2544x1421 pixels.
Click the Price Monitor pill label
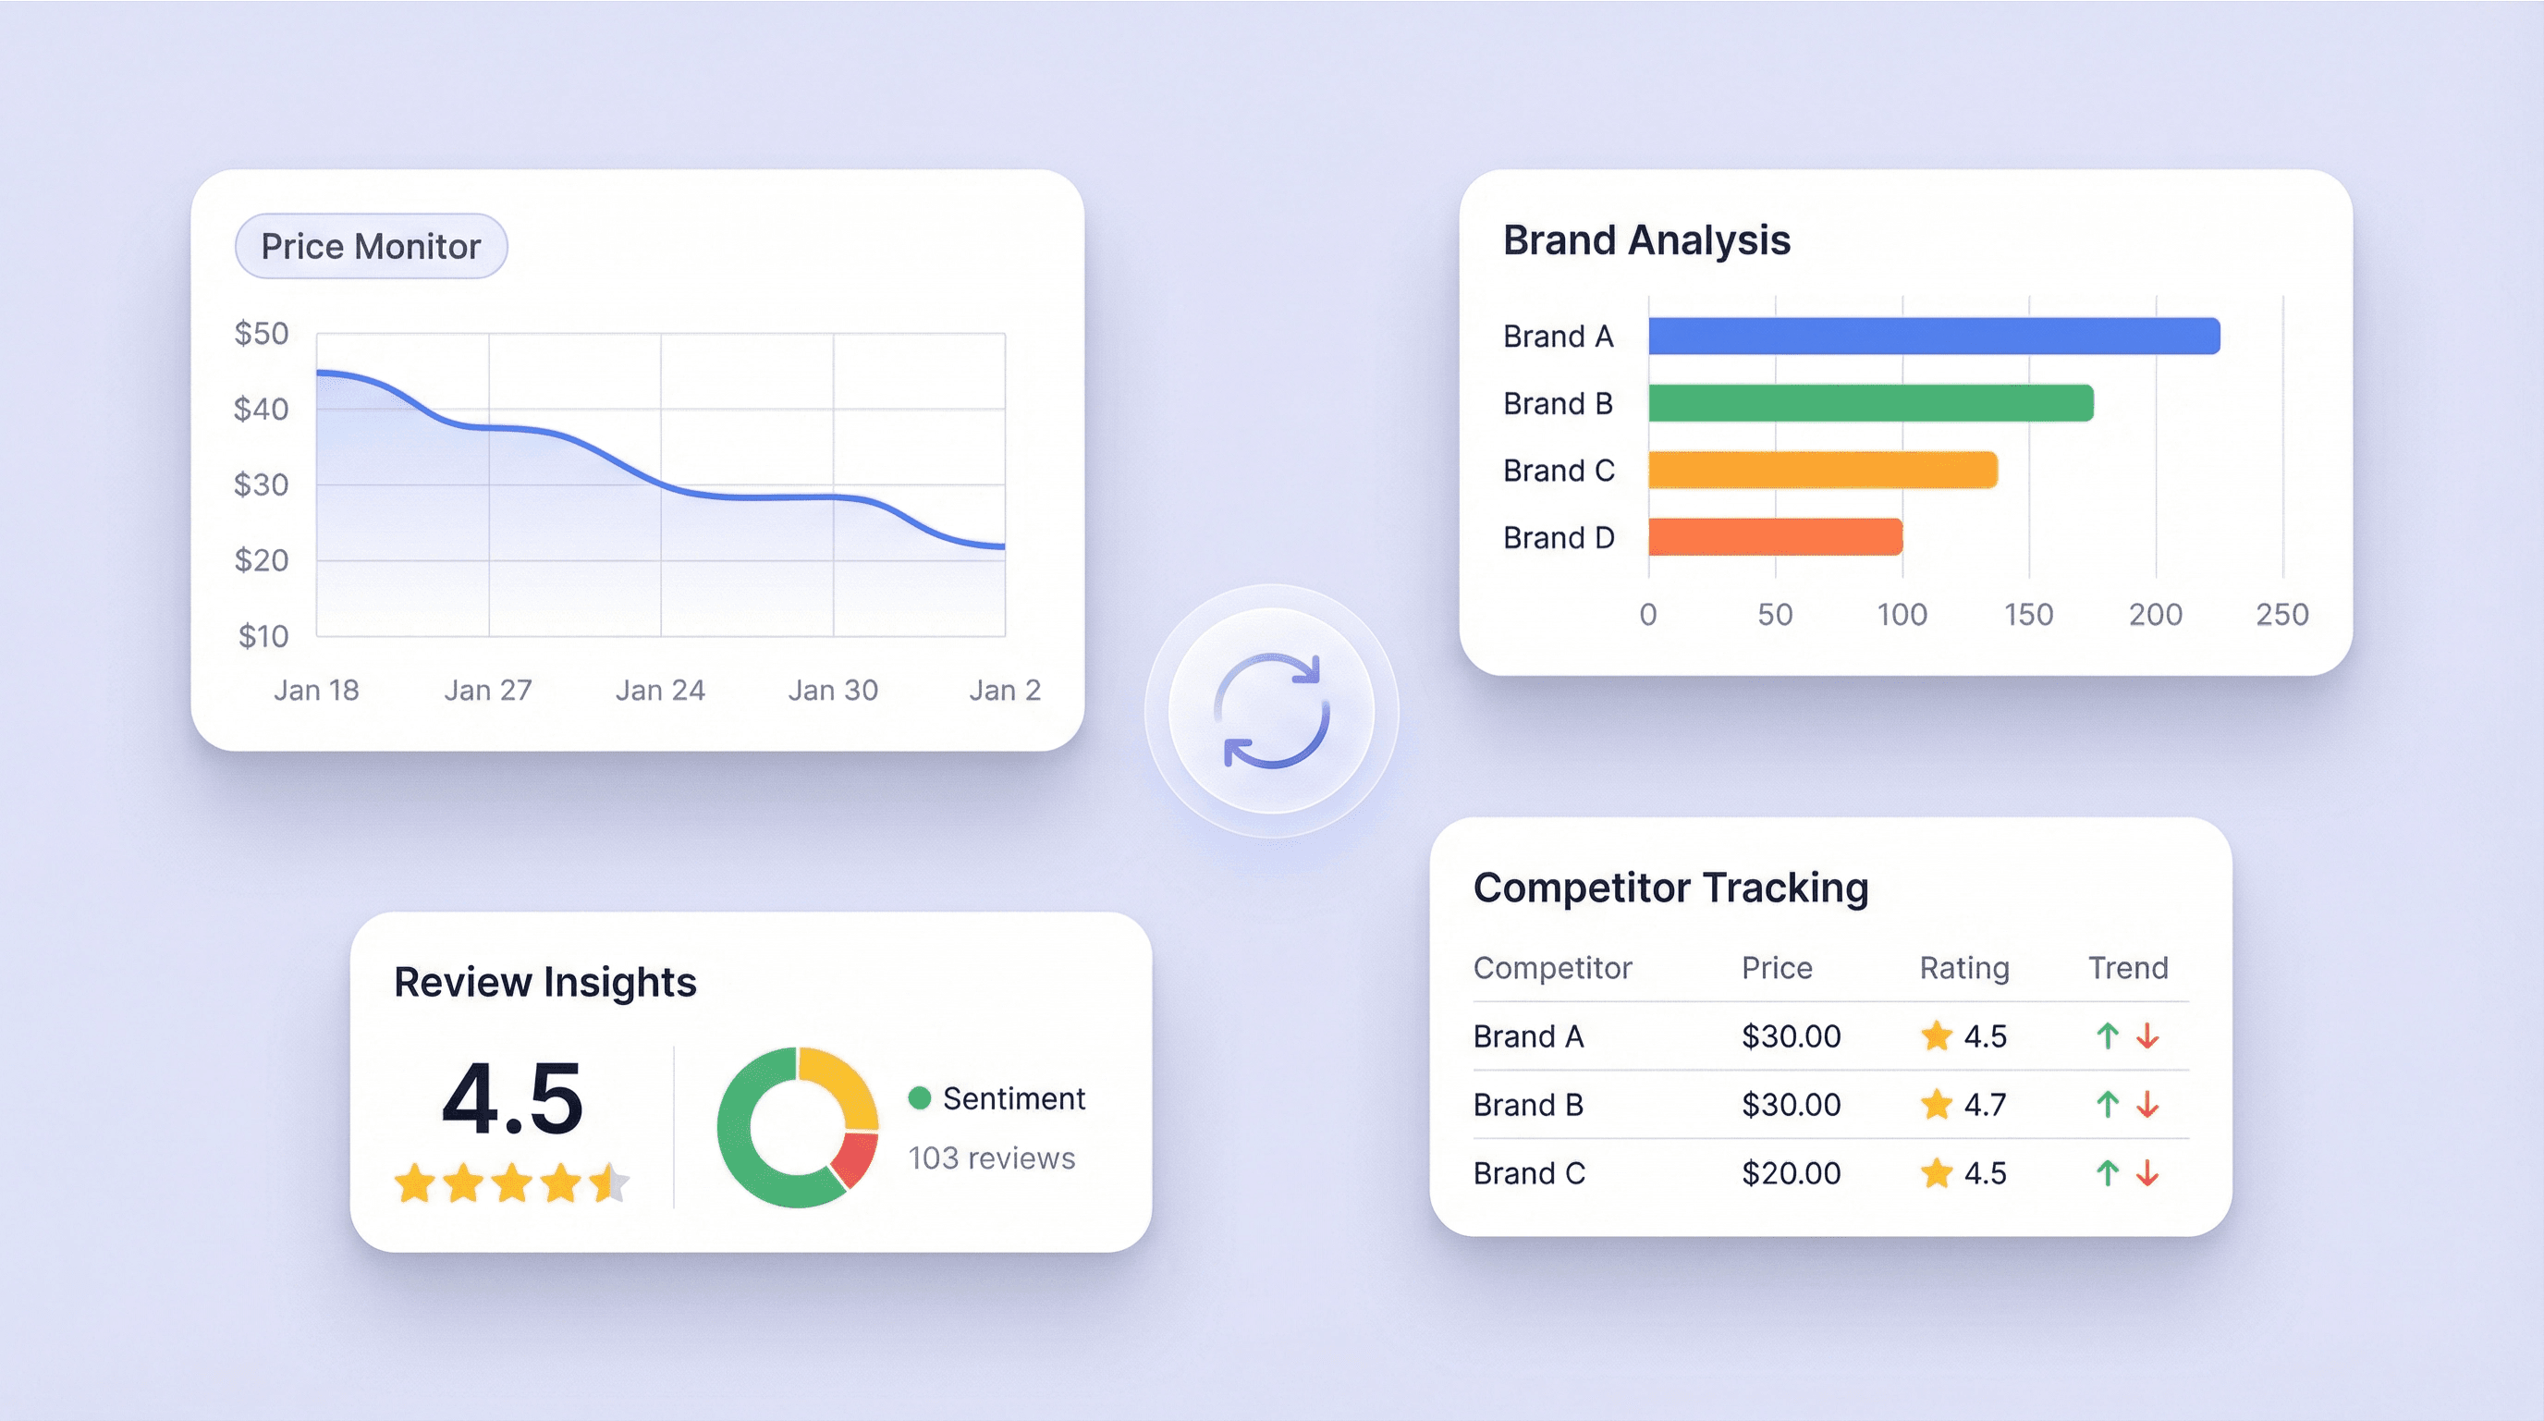(x=371, y=246)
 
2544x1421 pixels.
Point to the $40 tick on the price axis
(x=261, y=409)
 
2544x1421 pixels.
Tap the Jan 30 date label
(x=833, y=691)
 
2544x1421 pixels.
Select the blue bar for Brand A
(x=1933, y=336)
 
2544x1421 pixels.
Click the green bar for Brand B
(x=1869, y=403)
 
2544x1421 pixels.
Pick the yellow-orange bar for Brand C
(x=1822, y=470)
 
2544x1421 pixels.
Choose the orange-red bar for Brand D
(x=1775, y=537)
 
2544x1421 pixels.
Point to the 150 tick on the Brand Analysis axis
(x=2027, y=614)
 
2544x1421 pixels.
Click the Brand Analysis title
(x=1646, y=240)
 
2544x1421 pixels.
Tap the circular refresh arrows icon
(x=1271, y=711)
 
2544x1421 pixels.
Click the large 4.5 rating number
(x=511, y=1099)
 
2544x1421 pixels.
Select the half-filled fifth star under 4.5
(x=609, y=1182)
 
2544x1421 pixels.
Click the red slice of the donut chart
(x=856, y=1159)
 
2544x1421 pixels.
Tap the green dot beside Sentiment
(x=919, y=1098)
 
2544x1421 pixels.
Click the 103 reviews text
(x=991, y=1158)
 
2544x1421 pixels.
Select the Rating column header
(x=1963, y=968)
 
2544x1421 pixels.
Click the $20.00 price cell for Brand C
(x=1791, y=1173)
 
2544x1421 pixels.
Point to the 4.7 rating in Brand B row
(x=1984, y=1104)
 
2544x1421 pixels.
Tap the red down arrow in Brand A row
(x=2147, y=1035)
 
